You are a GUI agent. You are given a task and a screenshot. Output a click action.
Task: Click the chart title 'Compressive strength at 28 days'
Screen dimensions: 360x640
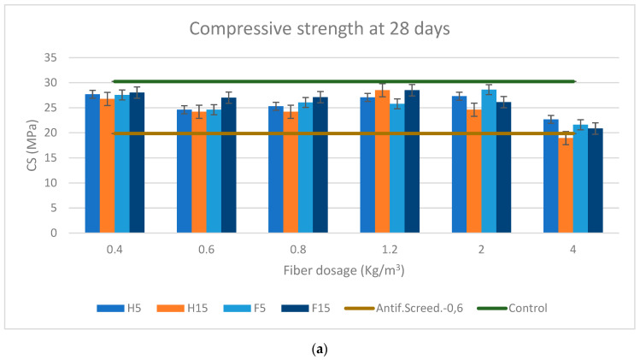[320, 29]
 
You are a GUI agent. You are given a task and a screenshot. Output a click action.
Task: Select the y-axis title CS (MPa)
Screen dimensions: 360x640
[23, 145]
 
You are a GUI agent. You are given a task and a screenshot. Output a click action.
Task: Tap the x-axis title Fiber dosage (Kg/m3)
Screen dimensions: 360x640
[320, 271]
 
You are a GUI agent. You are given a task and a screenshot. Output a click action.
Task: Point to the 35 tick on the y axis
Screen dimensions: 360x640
[50, 58]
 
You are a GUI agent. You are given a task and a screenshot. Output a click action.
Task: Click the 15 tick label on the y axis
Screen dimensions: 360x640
[50, 158]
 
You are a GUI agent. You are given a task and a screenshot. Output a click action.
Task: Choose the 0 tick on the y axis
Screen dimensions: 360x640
[53, 233]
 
